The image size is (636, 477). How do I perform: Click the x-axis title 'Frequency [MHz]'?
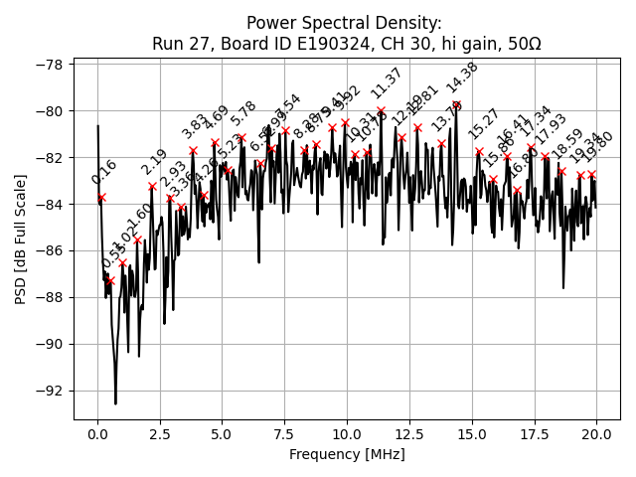[347, 454]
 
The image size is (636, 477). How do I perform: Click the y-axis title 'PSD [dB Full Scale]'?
[21, 238]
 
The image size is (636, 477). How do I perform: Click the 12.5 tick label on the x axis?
[408, 434]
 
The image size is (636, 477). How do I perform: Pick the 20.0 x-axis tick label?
[596, 434]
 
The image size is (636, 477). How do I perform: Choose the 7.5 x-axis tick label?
[283, 434]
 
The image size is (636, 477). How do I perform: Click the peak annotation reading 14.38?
[462, 79]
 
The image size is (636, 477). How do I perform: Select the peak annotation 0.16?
[103, 172]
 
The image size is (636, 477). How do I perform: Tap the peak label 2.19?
[154, 162]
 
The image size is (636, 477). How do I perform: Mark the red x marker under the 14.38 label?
[456, 104]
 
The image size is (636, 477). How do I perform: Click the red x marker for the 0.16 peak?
[101, 197]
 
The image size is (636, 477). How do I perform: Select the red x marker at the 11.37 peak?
[381, 110]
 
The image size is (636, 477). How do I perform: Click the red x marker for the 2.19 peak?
[152, 186]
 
